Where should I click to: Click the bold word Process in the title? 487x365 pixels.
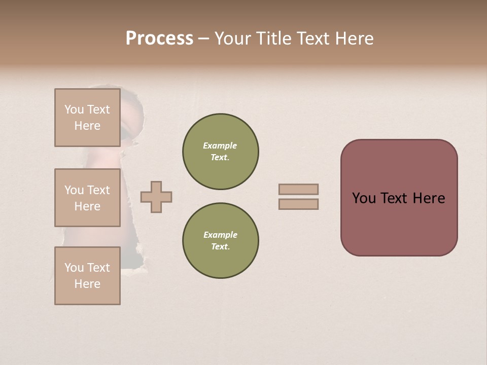point(159,39)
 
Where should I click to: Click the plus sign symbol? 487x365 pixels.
point(156,197)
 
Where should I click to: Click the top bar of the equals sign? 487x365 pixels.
point(298,189)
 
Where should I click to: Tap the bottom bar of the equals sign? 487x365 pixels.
point(298,204)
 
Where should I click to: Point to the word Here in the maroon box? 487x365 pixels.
point(429,198)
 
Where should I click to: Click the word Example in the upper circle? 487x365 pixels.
point(220,145)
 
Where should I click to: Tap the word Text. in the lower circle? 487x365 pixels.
point(220,247)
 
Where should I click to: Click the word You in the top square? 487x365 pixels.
point(74,109)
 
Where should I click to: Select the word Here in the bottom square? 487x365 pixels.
point(87,284)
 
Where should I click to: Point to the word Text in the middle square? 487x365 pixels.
point(98,190)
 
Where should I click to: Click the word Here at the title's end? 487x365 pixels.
point(352,39)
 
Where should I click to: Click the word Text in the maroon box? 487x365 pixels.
point(396,198)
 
